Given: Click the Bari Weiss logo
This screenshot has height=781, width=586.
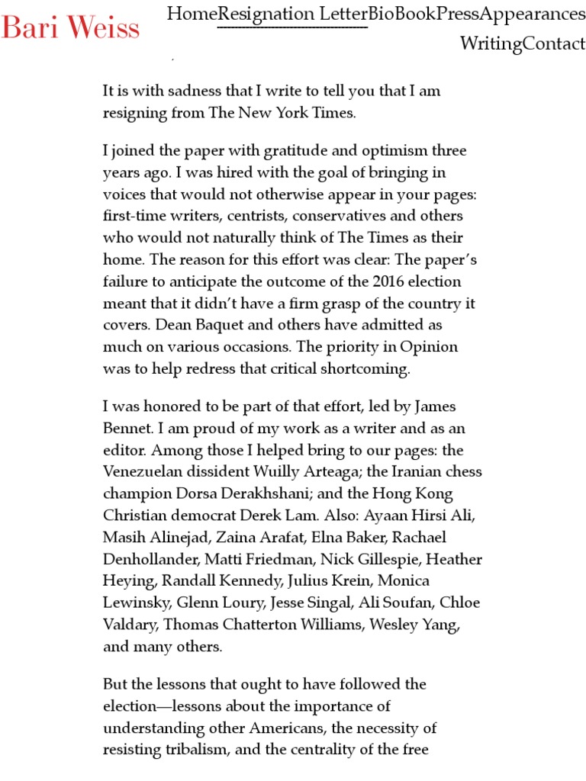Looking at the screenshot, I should pos(70,27).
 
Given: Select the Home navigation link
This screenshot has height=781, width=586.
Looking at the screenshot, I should pos(192,14).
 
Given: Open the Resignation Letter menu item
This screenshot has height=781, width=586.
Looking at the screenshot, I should pos(292,14).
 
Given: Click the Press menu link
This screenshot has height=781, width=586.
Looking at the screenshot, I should pos(458,14).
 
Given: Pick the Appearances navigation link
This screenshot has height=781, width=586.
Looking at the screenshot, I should pos(533,14).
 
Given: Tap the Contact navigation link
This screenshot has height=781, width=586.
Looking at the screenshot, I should pos(554,43).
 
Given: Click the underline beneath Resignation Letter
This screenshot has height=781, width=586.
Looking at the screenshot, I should pos(292,28).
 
